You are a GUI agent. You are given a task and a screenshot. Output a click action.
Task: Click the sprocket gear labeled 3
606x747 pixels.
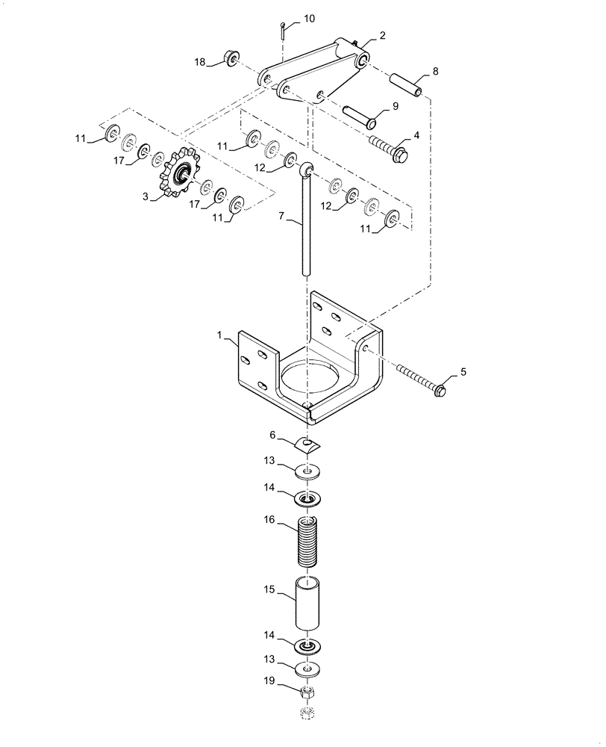click(x=180, y=176)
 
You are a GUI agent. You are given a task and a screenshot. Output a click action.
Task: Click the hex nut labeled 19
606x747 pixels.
click(x=307, y=692)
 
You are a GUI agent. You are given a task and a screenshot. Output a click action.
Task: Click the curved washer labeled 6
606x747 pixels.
click(x=307, y=445)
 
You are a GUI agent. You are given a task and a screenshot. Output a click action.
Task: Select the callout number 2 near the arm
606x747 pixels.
click(x=383, y=35)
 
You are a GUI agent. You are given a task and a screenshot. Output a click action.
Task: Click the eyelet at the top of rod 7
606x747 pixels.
click(x=305, y=171)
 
